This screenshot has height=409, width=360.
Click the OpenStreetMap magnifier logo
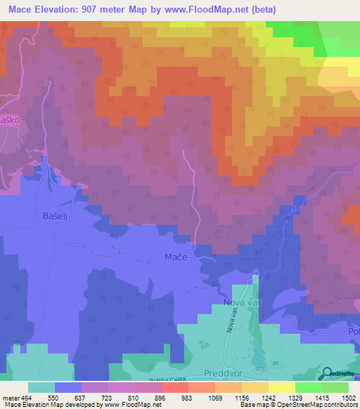coord(328,374)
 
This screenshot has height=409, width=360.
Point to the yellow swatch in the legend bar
coord(281,387)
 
